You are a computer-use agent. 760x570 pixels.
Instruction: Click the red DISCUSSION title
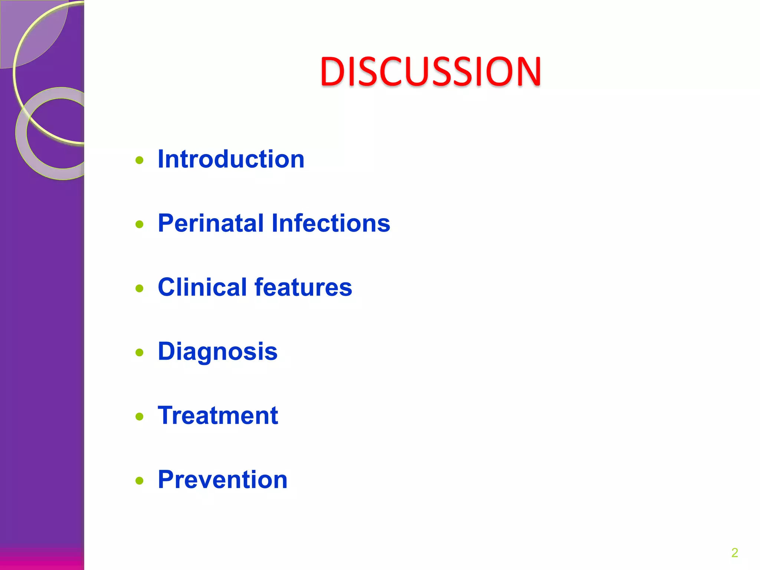point(430,71)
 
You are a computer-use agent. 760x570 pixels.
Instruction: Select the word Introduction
point(231,159)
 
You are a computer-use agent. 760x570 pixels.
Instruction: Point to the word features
point(303,287)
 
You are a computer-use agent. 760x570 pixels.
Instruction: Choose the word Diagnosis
point(217,352)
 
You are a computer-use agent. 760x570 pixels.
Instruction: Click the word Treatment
point(218,416)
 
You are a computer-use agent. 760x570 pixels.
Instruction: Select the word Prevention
point(223,480)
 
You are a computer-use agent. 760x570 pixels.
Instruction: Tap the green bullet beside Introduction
point(140,160)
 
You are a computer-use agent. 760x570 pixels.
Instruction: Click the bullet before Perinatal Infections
point(140,224)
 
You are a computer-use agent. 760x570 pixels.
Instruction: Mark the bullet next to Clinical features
point(140,288)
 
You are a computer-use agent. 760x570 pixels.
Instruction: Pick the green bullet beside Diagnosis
point(140,353)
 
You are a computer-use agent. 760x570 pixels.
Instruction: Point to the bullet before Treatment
point(140,417)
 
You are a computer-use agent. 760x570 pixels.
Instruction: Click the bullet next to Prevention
point(140,481)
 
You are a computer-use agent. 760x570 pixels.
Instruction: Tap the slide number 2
point(734,553)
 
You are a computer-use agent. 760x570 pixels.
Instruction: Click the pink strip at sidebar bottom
point(42,560)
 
